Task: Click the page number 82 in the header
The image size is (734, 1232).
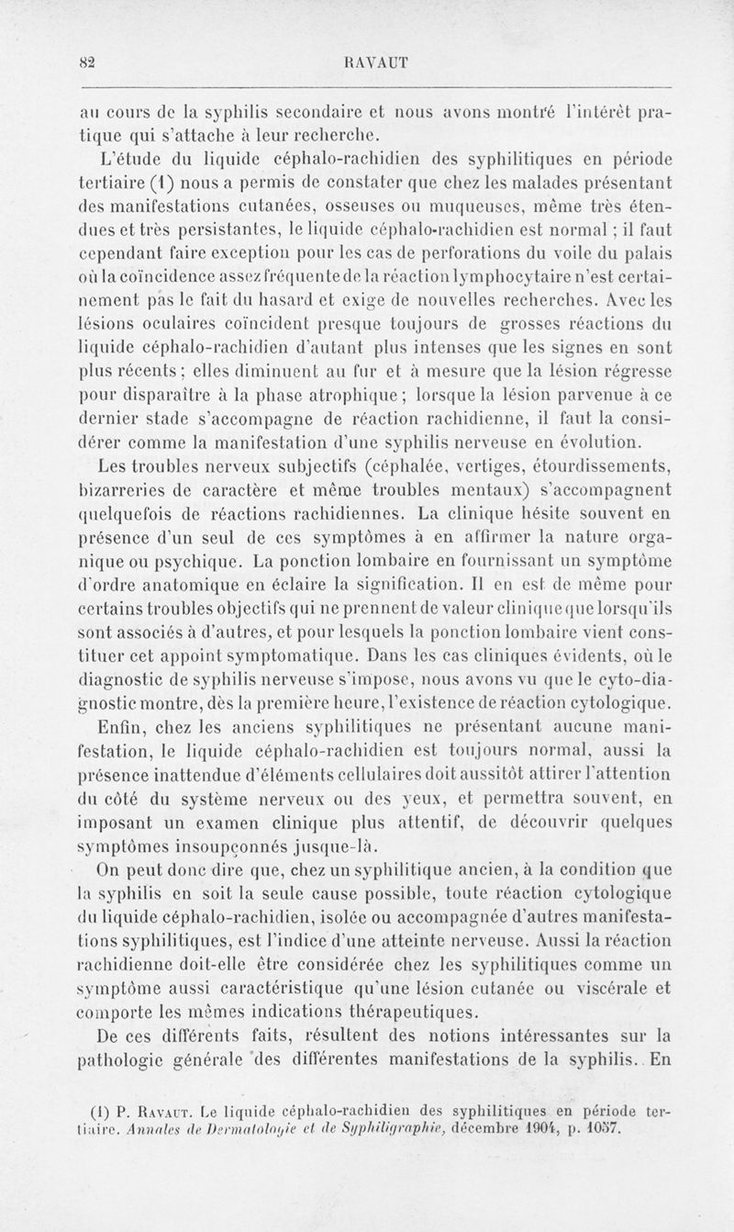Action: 88,62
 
